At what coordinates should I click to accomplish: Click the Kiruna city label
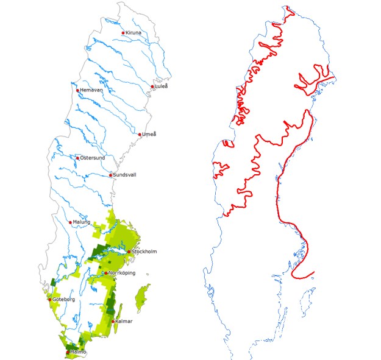pos(134,32)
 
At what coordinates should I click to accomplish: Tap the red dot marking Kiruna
pos(123,33)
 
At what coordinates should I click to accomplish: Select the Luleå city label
pos(162,86)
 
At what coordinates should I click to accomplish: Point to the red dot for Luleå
pos(152,86)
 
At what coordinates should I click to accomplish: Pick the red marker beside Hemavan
pos(77,91)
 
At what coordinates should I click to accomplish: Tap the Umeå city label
pos(149,134)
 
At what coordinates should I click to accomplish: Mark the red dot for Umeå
pos(140,135)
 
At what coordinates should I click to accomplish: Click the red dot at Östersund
pos(77,158)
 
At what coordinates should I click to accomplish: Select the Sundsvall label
pos(126,175)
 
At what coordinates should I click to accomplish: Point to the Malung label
pos(82,222)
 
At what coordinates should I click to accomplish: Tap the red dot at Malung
pos(70,223)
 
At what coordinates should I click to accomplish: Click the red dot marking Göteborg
pos(49,300)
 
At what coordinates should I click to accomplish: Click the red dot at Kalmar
pos(113,321)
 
